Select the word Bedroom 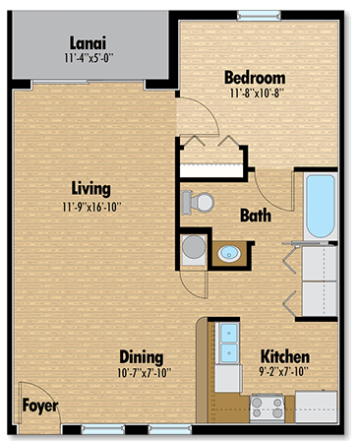(x=255, y=78)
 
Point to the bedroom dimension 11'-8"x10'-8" (x=255, y=94)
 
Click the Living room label (x=90, y=188)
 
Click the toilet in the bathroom (x=198, y=203)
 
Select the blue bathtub (x=319, y=209)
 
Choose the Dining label (x=141, y=356)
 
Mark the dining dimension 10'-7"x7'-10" (x=141, y=372)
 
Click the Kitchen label (x=285, y=356)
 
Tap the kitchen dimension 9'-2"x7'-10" (x=285, y=372)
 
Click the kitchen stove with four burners (x=267, y=405)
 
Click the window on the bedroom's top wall (x=252, y=14)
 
